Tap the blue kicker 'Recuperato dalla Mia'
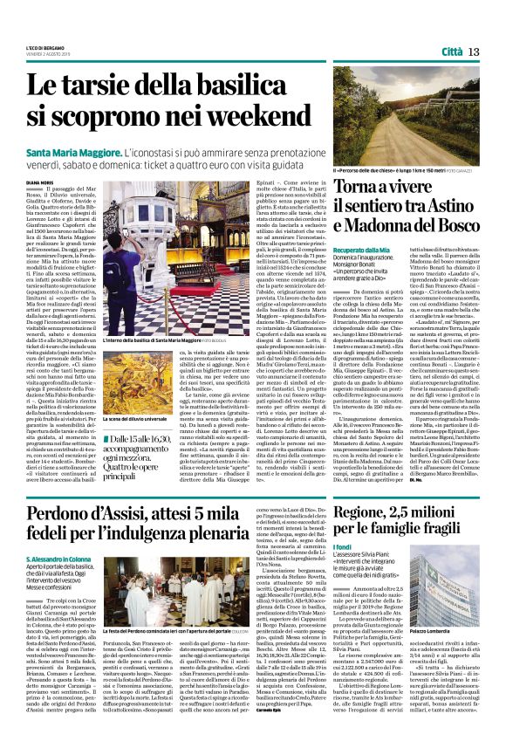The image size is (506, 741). [x=337, y=250]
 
